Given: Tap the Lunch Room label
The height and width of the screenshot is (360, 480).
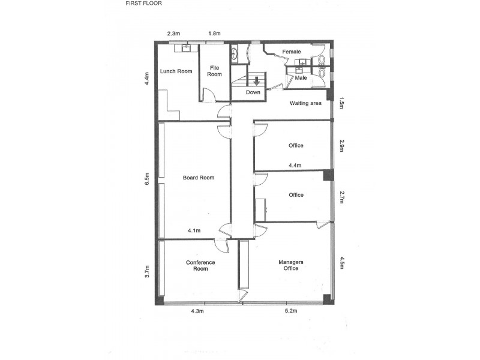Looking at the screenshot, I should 176,71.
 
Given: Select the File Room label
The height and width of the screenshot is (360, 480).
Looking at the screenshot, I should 215,71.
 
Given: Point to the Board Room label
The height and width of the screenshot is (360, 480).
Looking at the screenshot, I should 199,178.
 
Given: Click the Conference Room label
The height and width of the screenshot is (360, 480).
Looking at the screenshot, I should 200,266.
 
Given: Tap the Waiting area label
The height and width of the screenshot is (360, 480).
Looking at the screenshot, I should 305,103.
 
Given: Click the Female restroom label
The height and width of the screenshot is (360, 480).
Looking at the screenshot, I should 292,52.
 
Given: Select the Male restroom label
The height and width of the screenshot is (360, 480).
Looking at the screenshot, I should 301,78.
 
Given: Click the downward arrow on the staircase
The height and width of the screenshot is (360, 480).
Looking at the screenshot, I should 257,80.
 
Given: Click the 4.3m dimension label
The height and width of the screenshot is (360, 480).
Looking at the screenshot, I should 197,311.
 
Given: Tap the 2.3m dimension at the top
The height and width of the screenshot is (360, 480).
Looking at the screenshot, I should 173,34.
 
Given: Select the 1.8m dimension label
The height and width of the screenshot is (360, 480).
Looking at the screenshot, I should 214,34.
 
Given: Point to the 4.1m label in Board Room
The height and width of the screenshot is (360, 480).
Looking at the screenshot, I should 194,230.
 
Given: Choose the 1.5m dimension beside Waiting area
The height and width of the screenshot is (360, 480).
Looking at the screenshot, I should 341,103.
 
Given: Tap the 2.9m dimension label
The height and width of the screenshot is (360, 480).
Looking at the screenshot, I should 341,146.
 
